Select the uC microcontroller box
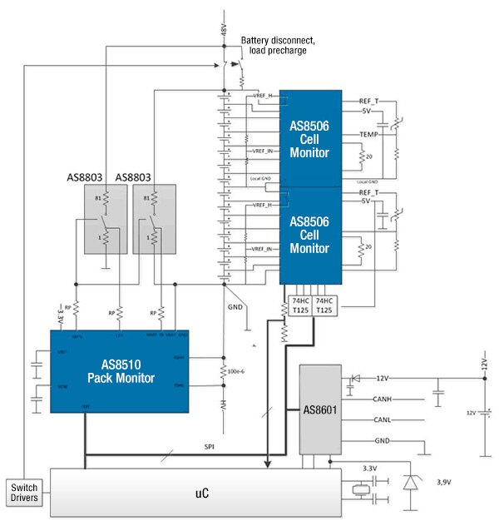tap(196, 492)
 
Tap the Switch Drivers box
tap(25, 492)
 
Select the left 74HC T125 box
tap(300, 305)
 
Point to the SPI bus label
tap(210, 447)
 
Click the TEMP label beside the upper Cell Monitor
tap(369, 134)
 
